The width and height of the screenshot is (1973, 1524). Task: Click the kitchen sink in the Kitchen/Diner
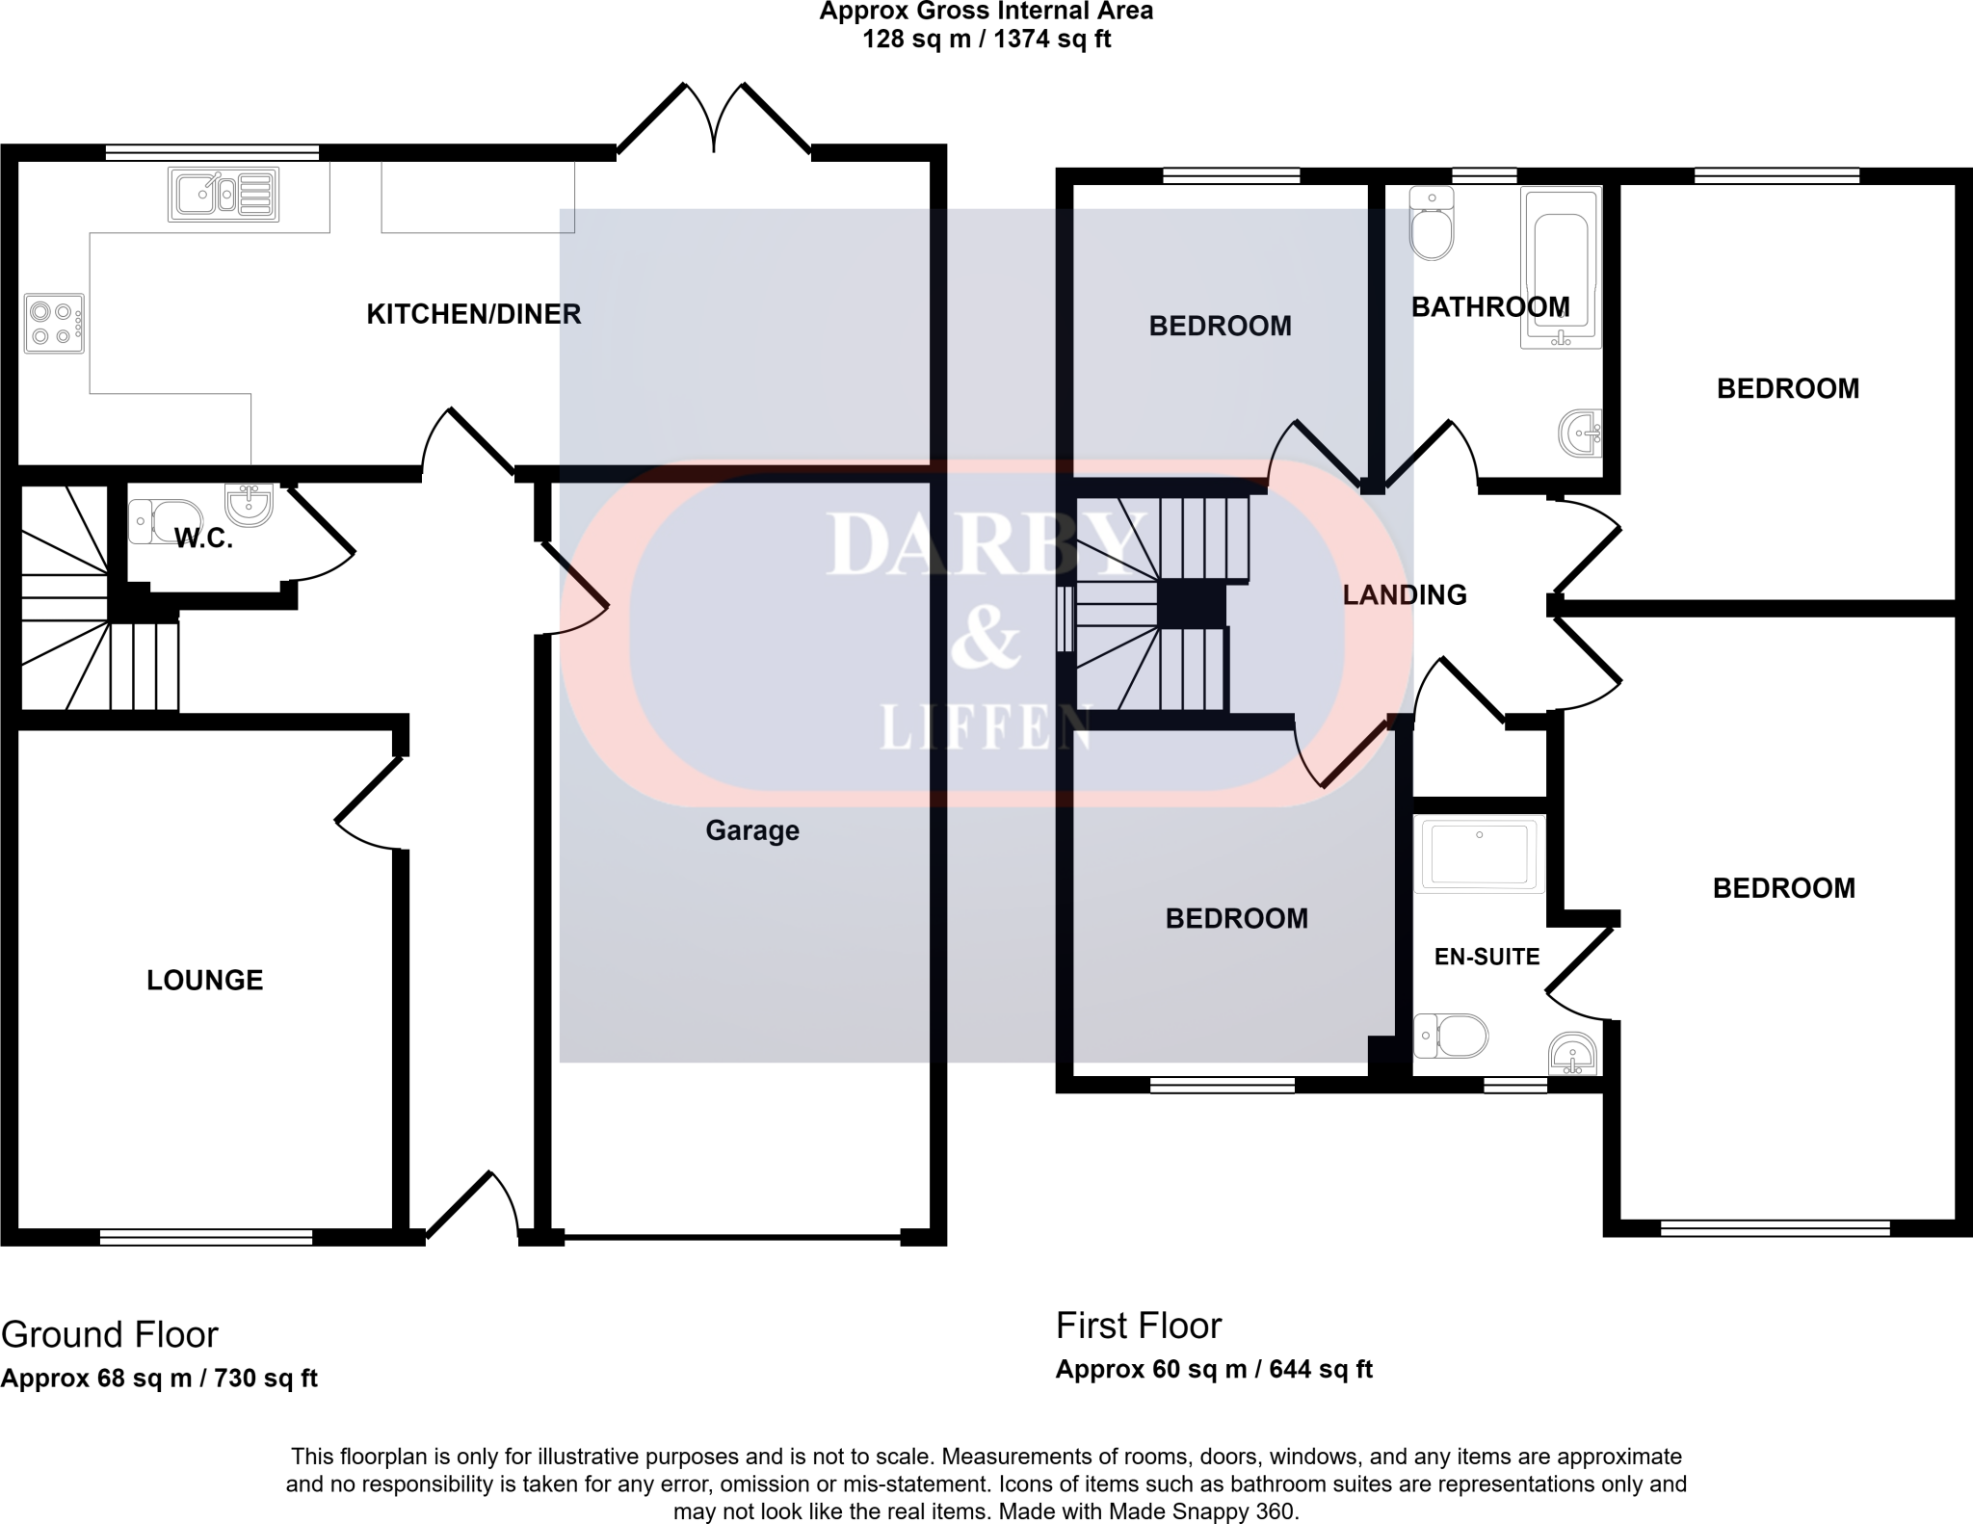click(224, 195)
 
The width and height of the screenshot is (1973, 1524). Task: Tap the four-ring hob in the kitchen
click(54, 324)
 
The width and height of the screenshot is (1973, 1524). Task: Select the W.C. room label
click(203, 539)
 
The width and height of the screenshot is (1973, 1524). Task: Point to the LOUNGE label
click(204, 981)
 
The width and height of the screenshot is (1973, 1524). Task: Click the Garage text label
click(752, 830)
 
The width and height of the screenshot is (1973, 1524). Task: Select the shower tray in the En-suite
click(1479, 854)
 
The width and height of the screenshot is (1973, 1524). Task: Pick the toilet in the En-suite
click(1451, 1037)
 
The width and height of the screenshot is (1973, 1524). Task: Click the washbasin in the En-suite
click(1573, 1054)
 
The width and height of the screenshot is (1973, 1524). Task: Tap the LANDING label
click(1405, 595)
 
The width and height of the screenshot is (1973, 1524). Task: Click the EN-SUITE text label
click(1486, 957)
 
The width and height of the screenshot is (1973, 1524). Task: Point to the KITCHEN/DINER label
click(474, 314)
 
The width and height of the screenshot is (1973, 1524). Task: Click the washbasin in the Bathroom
click(1581, 433)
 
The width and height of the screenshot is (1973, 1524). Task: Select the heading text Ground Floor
click(110, 1335)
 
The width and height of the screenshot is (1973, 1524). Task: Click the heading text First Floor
click(1139, 1327)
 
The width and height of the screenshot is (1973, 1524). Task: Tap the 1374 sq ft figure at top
click(1053, 39)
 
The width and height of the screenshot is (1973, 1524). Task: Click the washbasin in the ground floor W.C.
click(250, 503)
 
